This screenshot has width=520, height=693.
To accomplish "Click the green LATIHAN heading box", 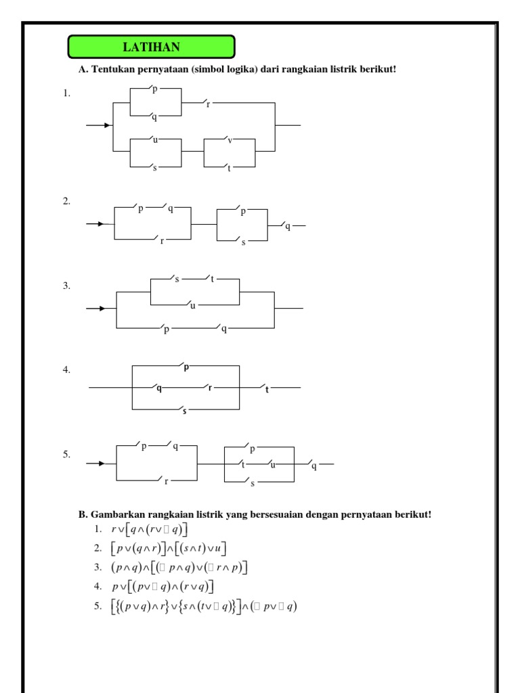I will pyautogui.click(x=151, y=47).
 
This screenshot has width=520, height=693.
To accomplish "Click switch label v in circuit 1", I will pyautogui.click(x=230, y=141).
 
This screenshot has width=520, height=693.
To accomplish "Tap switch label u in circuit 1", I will pyautogui.click(x=156, y=140).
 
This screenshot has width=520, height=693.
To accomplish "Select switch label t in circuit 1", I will pyautogui.click(x=229, y=168).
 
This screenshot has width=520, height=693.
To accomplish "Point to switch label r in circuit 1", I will pyautogui.click(x=208, y=105).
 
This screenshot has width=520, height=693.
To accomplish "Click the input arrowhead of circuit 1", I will pyautogui.click(x=107, y=125).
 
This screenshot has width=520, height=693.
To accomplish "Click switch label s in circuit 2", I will pyautogui.click(x=243, y=242).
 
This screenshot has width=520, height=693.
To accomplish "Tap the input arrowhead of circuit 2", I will pyautogui.click(x=102, y=223).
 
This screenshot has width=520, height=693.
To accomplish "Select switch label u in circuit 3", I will pyautogui.click(x=192, y=306).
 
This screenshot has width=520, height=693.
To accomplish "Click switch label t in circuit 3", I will pyautogui.click(x=212, y=279).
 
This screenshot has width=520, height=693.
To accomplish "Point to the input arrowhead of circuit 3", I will pyautogui.click(x=103, y=309).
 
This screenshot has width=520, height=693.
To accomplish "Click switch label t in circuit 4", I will pyautogui.click(x=267, y=390).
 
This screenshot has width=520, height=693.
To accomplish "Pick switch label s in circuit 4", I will pyautogui.click(x=184, y=411).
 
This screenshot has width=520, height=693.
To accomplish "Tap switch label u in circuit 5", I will pyautogui.click(x=273, y=465).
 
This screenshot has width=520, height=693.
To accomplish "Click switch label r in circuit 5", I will pyautogui.click(x=166, y=481).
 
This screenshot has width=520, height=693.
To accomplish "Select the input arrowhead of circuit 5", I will pyautogui.click(x=102, y=464).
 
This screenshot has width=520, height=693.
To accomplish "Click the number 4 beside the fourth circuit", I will pyautogui.click(x=66, y=370).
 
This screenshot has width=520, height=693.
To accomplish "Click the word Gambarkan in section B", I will pyautogui.click(x=113, y=515).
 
